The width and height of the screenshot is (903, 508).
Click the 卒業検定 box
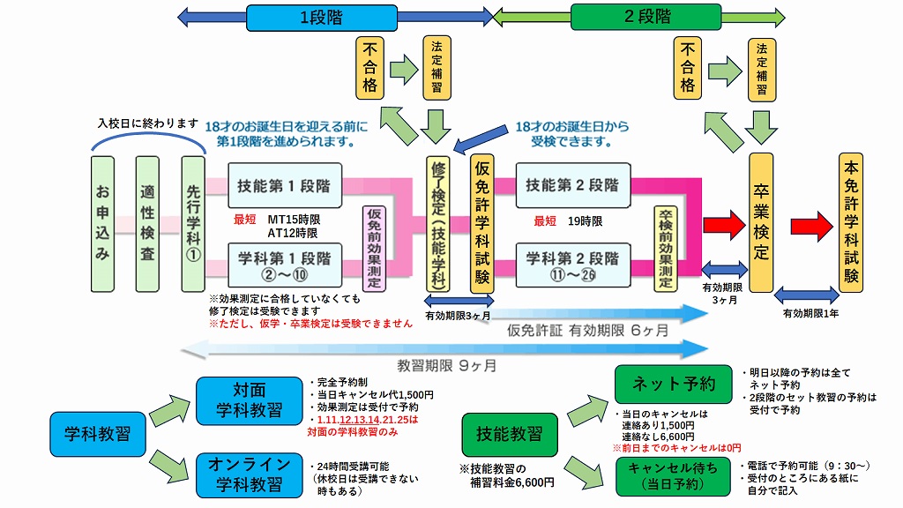[760, 223]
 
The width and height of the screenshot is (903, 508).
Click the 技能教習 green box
[509, 434]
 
